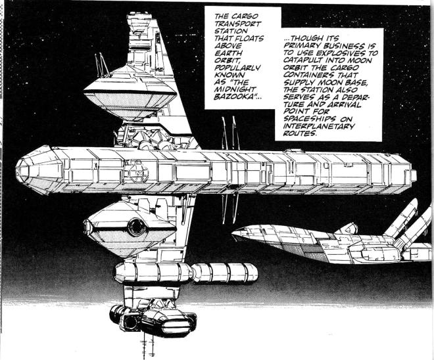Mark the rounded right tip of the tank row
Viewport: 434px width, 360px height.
[254, 273]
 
